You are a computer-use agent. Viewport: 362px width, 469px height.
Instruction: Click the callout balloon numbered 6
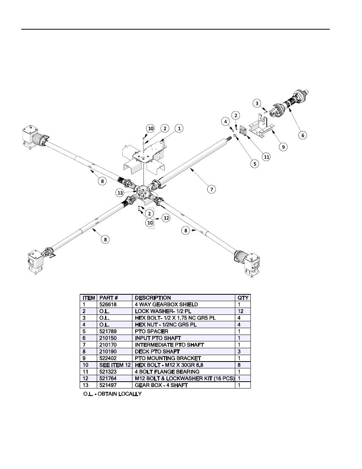(x=302, y=135)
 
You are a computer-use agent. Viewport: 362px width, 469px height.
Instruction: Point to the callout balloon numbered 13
(x=120, y=193)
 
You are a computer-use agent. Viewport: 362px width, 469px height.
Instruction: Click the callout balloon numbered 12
(x=166, y=218)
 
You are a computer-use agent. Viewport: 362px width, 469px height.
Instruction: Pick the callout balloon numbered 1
(x=178, y=128)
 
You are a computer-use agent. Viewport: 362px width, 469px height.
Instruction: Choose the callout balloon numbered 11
(x=267, y=156)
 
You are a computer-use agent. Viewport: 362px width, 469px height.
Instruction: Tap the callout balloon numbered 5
(x=254, y=164)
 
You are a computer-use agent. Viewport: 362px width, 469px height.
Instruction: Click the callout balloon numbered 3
(x=257, y=103)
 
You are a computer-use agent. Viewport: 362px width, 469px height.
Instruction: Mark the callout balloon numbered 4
(x=226, y=122)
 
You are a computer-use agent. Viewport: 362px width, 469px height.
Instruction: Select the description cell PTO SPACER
(x=151, y=332)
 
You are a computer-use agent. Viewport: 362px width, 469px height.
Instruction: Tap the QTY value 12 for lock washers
(x=241, y=311)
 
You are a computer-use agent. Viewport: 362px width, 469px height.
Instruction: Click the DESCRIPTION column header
(x=153, y=298)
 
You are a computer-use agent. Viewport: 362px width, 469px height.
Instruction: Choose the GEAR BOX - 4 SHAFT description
(x=161, y=385)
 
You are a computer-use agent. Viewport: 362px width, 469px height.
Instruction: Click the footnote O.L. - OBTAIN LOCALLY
(x=112, y=394)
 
